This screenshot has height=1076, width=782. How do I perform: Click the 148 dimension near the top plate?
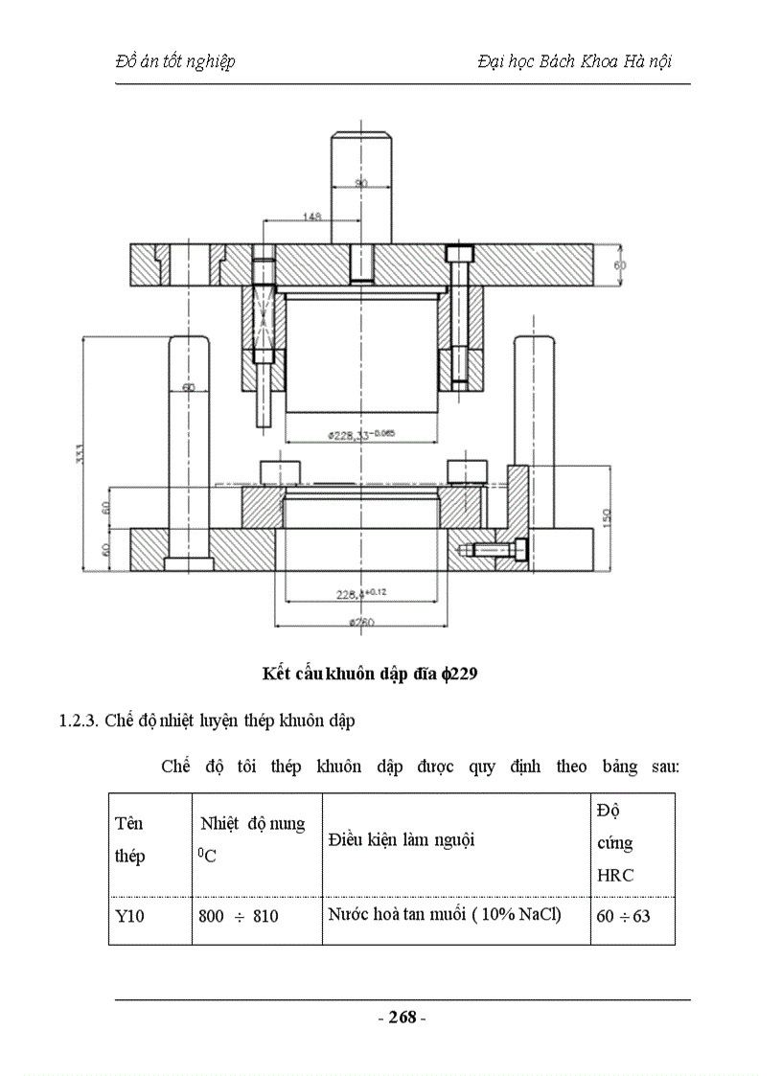pyautogui.click(x=310, y=217)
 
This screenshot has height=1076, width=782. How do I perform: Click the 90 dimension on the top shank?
pyautogui.click(x=360, y=182)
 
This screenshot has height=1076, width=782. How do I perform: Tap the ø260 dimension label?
pyautogui.click(x=360, y=623)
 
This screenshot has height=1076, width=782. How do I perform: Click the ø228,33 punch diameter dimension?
pyautogui.click(x=360, y=434)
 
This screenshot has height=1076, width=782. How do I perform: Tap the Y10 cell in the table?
pyautogui.click(x=129, y=916)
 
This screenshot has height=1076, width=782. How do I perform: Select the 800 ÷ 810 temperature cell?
pyautogui.click(x=239, y=916)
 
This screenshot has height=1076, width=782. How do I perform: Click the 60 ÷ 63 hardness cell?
pyautogui.click(x=623, y=916)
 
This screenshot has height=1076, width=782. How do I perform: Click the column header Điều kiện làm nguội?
pyautogui.click(x=402, y=840)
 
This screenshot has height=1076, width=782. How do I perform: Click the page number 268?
pyautogui.click(x=402, y=1018)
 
